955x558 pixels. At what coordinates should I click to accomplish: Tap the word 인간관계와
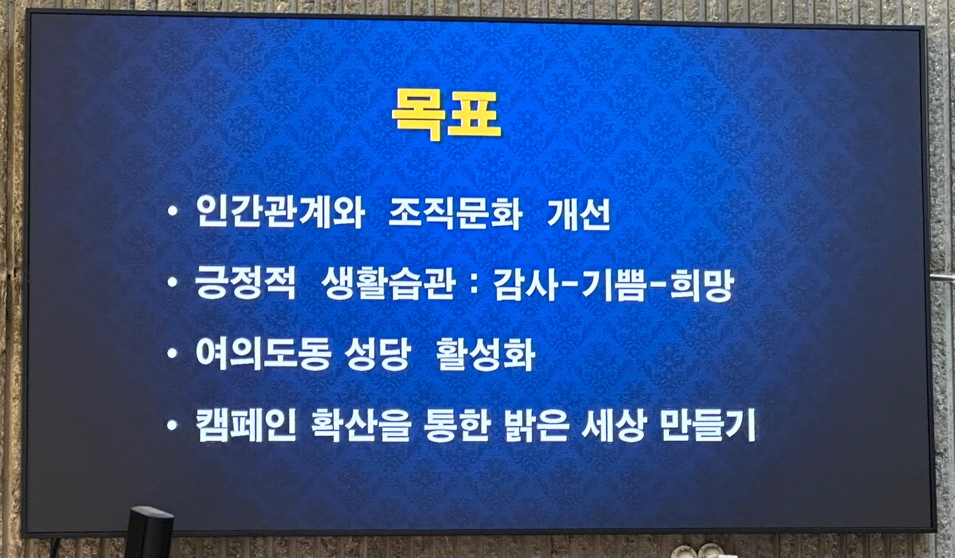[280, 213]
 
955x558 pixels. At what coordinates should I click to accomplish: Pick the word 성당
[377, 354]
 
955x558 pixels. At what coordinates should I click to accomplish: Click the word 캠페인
[246, 425]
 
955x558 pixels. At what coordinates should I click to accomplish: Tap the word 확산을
[361, 425]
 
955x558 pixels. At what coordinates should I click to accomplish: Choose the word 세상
[613, 425]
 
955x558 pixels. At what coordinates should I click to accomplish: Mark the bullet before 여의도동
[172, 353]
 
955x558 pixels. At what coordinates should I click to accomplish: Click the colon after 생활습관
[475, 285]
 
